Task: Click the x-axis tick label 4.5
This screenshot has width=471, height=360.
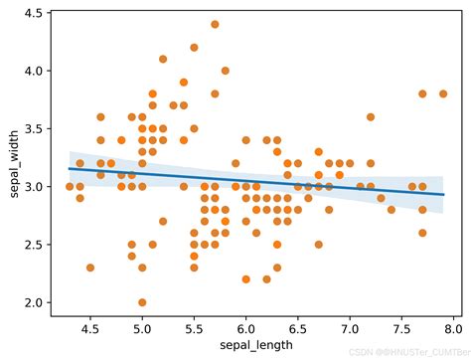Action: coord(90,325)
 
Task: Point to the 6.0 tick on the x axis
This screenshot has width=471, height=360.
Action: coord(245,325)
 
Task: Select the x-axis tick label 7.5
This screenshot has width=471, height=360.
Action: coord(401,325)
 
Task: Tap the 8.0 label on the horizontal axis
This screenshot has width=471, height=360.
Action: coord(453,325)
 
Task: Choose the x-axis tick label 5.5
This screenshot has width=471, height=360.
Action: coord(194,325)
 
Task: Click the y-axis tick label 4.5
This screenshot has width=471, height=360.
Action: coord(34,14)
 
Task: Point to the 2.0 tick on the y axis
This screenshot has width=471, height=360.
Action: coord(34,302)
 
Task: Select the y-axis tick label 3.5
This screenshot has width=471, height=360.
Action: coord(34,129)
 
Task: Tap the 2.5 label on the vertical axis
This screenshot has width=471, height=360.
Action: coord(34,245)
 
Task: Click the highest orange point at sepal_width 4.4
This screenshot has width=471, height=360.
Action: coord(215,24)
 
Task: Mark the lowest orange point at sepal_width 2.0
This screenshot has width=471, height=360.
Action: coord(142,302)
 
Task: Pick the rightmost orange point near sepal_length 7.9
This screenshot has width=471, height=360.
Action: coord(443,93)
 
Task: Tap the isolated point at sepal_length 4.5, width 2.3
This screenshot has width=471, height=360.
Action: coord(90,268)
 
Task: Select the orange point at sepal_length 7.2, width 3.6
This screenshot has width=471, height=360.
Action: coord(371,117)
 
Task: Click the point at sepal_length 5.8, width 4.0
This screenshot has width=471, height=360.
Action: coord(226,71)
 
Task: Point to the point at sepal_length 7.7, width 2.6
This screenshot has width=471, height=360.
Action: coord(422,233)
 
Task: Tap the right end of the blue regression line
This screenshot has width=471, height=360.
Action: coord(443,195)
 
